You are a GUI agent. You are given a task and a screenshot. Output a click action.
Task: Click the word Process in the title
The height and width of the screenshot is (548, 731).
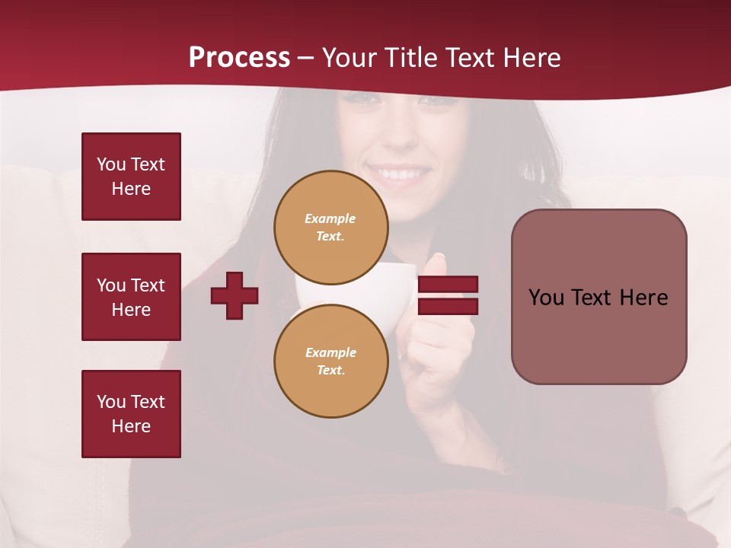click(239, 58)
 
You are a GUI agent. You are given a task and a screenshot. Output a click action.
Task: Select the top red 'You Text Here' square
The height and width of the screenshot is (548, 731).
click(131, 177)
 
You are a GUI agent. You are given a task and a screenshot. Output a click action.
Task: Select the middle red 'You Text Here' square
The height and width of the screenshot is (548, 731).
click(131, 297)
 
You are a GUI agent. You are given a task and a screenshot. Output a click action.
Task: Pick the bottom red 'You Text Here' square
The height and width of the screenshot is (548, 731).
click(131, 414)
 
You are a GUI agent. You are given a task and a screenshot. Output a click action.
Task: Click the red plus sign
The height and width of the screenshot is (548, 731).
click(235, 295)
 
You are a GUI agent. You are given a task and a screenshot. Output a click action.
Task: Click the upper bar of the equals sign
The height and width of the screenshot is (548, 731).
click(448, 285)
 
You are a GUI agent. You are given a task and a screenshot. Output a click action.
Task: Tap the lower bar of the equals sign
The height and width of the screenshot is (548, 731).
click(448, 306)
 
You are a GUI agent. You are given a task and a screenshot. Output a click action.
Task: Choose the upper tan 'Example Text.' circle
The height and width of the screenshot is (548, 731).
click(330, 227)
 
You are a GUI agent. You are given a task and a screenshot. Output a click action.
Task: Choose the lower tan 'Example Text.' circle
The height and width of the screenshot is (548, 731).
click(330, 361)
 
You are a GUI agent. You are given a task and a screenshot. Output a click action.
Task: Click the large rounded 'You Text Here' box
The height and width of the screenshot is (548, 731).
click(599, 297)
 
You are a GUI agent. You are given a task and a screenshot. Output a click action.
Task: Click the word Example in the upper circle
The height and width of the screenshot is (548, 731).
click(330, 218)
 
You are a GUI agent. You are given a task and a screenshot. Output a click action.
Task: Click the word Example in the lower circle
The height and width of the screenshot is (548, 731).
click(330, 352)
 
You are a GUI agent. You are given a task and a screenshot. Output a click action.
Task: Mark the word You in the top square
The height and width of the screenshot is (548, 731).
click(111, 164)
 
